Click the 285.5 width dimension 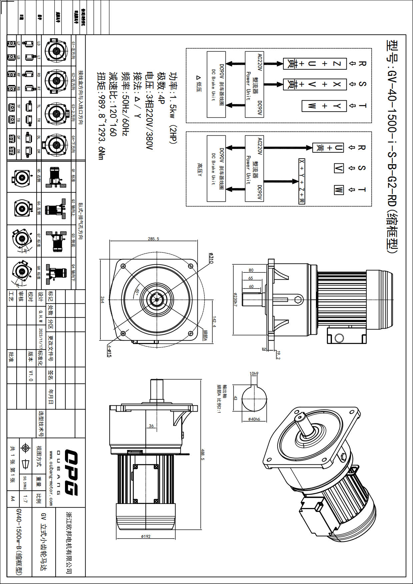click(153, 239)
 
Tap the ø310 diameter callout click(211, 258)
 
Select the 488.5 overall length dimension click(203, 454)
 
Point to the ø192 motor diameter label click(146, 536)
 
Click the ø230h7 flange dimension click(235, 300)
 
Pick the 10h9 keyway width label click(254, 374)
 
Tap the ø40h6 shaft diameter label click(254, 419)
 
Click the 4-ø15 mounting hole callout click(109, 351)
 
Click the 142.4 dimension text click(214, 322)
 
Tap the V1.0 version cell click(31, 375)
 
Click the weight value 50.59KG click(25, 483)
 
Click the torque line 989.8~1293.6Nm click(101, 116)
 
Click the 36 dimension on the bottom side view click(151, 426)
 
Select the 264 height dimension click(102, 299)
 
